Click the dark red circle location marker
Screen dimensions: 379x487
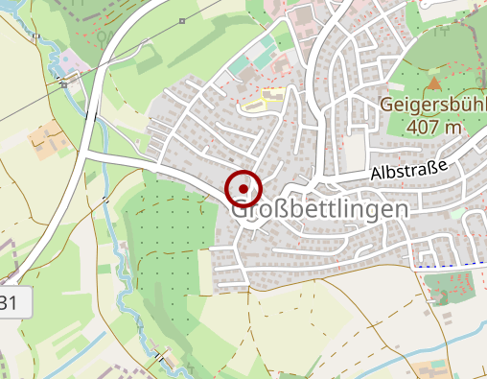click(x=243, y=187)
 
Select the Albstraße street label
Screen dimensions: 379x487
click(x=408, y=172)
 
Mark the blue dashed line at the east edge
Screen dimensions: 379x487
click(x=451, y=264)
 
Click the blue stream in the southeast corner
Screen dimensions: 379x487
click(x=451, y=340)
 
